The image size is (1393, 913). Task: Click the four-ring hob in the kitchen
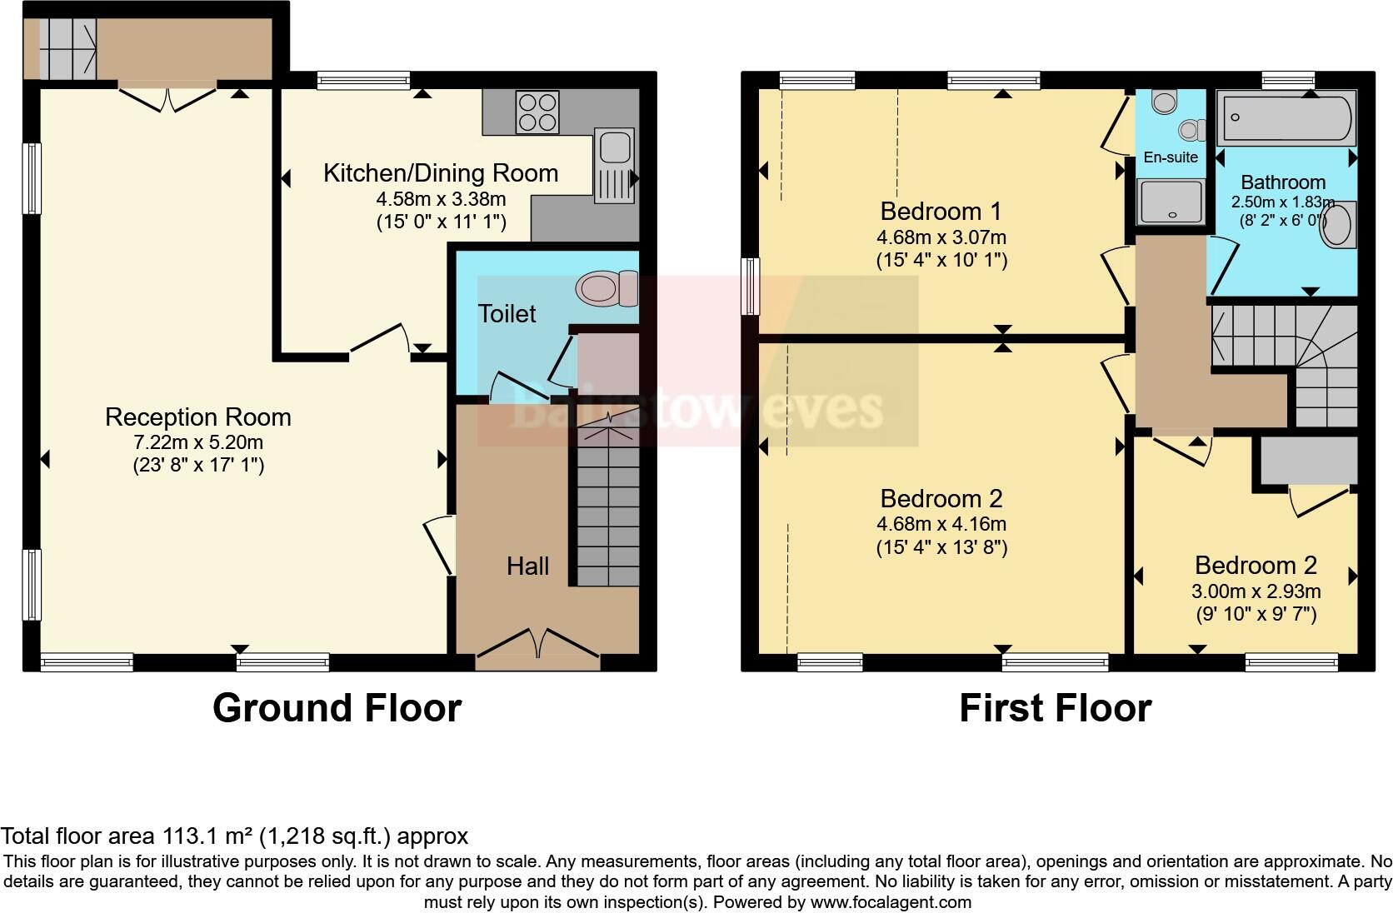click(537, 112)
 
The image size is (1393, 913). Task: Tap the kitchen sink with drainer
click(613, 165)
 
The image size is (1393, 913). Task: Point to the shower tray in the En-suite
click(1171, 202)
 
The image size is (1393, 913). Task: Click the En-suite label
click(1171, 157)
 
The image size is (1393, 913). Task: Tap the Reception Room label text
click(198, 417)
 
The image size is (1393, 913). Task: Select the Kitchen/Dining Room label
click(440, 173)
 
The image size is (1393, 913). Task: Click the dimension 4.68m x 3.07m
click(941, 237)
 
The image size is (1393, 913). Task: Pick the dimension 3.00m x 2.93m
click(1256, 592)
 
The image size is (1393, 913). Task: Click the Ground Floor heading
click(337, 708)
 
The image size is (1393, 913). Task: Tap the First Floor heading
click(1055, 708)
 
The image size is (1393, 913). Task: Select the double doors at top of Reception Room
click(167, 97)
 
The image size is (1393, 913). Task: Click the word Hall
click(527, 566)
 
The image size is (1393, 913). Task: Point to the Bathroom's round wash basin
click(1338, 225)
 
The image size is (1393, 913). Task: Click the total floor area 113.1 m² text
click(234, 836)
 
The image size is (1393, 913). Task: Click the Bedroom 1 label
click(941, 211)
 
